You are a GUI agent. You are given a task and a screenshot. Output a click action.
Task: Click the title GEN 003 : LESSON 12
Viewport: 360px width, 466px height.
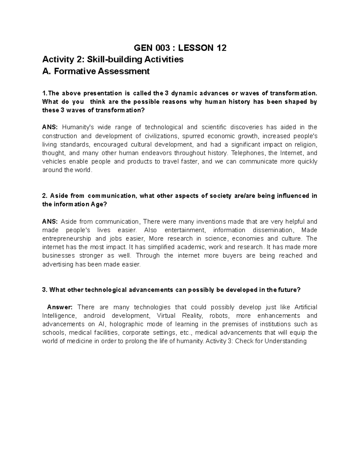[x=180, y=48]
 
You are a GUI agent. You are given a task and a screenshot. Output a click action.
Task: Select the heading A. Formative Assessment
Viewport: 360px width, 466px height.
[x=96, y=71]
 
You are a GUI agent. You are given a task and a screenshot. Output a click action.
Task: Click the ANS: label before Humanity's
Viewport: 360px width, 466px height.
[x=49, y=127]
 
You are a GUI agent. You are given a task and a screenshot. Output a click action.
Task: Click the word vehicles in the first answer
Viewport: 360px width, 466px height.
[x=54, y=162]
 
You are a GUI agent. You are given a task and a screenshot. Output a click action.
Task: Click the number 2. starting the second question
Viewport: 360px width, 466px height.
[x=45, y=196]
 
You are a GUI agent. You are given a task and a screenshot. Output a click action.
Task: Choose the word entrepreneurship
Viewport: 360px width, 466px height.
[x=67, y=239]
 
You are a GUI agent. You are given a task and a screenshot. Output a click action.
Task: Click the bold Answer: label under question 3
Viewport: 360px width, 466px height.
[x=60, y=307]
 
